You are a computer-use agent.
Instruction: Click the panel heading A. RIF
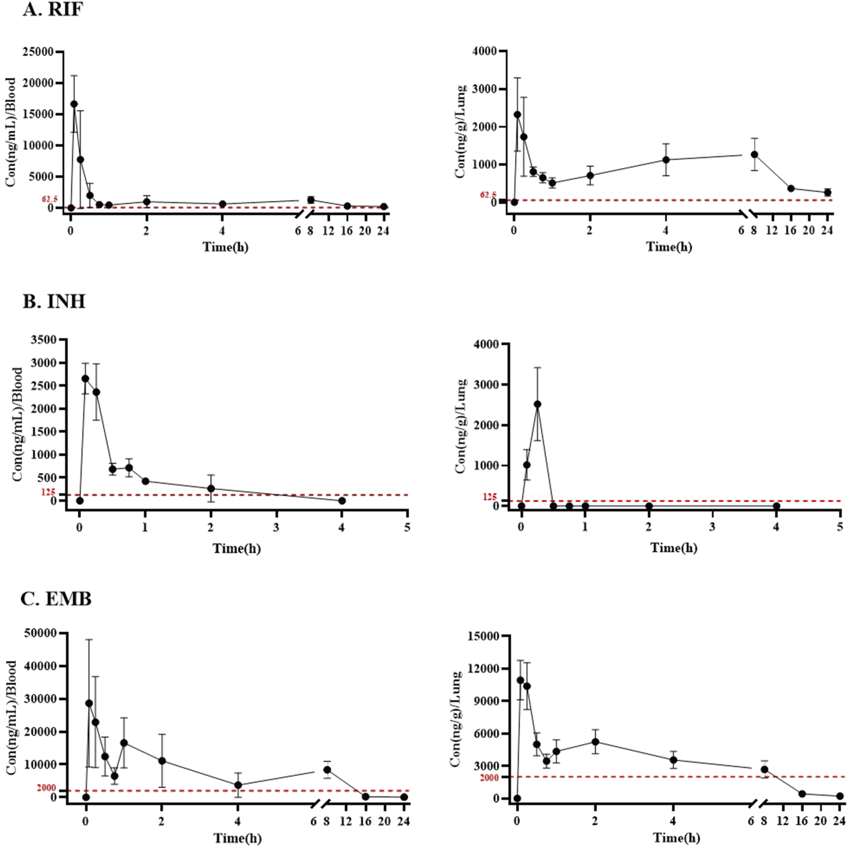53,9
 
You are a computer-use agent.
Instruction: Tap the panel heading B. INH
54,302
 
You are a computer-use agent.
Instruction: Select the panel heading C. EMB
56,599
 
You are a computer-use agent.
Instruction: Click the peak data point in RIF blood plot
74,104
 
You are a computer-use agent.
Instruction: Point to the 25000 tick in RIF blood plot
38,52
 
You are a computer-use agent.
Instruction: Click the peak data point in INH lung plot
537,404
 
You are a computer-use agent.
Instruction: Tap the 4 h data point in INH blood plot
342,500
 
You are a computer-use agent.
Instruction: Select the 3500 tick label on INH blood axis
44,340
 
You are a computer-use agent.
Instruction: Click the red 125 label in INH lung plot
489,497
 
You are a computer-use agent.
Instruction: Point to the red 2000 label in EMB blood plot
46,788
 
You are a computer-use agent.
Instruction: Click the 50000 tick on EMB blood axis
40,633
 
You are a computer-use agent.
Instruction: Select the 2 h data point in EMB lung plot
595,742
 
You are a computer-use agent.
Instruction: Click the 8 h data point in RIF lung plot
755,154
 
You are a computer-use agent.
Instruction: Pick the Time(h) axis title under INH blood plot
236,548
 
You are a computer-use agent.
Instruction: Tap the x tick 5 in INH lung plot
840,527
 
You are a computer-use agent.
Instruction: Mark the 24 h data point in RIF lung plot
827,192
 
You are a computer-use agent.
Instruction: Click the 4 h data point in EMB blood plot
238,785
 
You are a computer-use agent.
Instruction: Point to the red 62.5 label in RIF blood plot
50,199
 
